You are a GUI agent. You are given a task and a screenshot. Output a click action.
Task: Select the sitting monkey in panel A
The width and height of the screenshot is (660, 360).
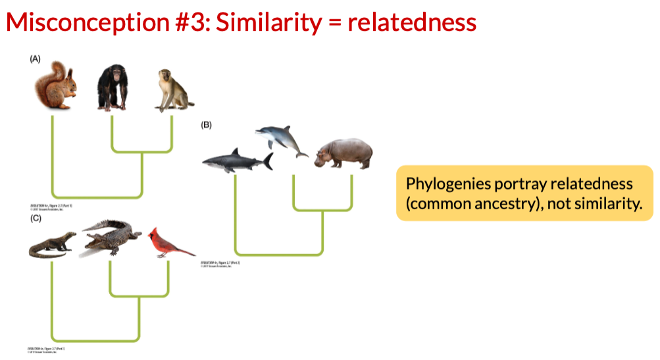(172, 91)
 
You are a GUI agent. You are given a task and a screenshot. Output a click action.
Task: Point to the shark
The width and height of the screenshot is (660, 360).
(237, 161)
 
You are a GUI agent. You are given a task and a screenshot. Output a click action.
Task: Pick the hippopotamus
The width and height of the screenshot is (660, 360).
(343, 154)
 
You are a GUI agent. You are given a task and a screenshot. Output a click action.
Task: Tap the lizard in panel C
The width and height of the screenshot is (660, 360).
(53, 245)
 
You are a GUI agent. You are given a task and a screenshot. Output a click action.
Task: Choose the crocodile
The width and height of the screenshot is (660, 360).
(111, 239)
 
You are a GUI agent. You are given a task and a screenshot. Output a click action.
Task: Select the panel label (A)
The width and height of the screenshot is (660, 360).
(35, 59)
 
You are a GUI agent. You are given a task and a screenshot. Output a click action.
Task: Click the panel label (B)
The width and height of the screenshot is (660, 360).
(207, 124)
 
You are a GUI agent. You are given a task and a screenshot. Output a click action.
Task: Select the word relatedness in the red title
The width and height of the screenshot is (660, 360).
(411, 23)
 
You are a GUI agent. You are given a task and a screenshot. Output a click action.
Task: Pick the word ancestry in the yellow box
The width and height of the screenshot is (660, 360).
(509, 203)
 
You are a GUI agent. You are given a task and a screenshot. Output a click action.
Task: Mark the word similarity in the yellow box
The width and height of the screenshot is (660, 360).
(609, 203)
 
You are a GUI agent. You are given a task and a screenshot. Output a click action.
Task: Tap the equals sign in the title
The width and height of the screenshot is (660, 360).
(334, 24)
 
